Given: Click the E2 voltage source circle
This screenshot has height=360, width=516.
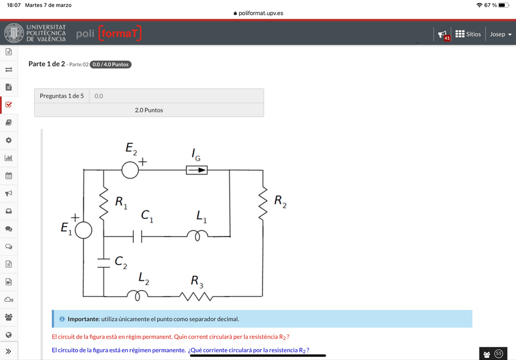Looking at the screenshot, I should (130, 170).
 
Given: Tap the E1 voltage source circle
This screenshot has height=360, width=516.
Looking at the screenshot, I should (83, 230).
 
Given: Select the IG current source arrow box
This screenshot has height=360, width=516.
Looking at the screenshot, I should (197, 170).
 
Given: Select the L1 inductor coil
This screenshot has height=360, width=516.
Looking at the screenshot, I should (197, 236).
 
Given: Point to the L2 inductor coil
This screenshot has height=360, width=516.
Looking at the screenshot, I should (138, 296).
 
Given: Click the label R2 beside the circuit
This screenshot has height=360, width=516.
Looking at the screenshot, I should (280, 201).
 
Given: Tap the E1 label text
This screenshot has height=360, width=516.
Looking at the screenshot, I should (66, 229).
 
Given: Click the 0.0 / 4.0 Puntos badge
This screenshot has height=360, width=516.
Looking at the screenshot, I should (110, 64).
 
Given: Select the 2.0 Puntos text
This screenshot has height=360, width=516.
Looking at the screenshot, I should (148, 110).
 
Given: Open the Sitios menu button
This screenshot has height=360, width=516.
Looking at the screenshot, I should (468, 34).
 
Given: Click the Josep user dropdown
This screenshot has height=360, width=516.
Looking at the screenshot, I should (501, 34).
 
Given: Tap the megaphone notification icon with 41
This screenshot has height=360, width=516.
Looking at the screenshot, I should (443, 35).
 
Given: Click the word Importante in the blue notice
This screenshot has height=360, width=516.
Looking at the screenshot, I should (83, 319).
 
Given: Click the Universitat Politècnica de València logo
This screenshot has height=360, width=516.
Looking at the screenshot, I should (35, 33).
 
